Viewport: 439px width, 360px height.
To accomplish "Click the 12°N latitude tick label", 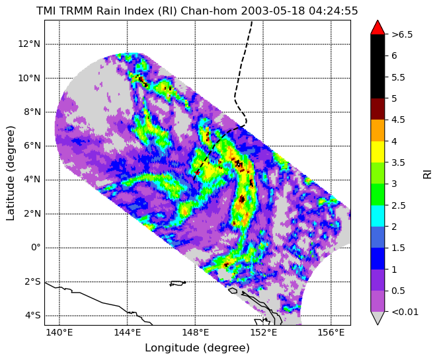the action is point(29,44).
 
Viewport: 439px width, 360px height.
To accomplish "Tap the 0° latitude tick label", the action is point(36,248).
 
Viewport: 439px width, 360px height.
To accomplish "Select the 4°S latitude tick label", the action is point(33,316).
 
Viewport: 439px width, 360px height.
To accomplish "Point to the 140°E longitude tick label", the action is point(60,333).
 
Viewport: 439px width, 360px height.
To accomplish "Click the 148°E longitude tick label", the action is point(195,333).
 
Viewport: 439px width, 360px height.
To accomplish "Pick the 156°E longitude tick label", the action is point(331,333).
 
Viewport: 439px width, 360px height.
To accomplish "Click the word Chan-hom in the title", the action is point(209,11).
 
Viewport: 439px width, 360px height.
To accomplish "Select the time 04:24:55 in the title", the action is point(333,11).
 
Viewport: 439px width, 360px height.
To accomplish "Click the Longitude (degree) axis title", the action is point(197,348).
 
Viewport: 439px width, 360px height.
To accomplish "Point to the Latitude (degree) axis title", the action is point(11,173).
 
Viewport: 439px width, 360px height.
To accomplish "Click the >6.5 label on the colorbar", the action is point(402,35).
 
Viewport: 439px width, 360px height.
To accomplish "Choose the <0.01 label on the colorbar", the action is point(405,312).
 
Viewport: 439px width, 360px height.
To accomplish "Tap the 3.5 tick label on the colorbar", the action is point(398,162).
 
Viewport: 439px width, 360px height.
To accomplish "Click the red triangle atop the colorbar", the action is point(378,28).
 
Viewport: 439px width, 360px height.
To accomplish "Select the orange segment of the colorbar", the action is point(378,130).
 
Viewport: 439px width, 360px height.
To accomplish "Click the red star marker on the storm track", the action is point(198,173).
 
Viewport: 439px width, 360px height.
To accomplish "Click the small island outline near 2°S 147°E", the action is point(178,283).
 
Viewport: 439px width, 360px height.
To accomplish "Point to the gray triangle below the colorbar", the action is point(378,317).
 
